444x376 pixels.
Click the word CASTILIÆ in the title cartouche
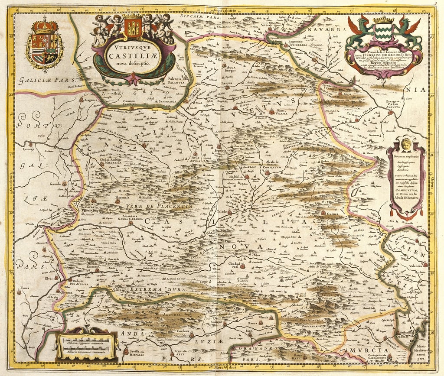point(134,56)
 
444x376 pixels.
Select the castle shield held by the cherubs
point(133,27)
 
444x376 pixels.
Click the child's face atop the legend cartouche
point(406,144)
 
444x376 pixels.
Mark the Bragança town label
point(87,100)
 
